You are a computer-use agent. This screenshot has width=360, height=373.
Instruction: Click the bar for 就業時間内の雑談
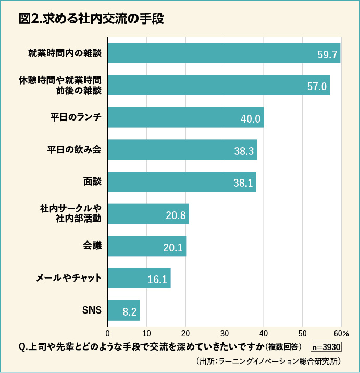pyautogui.click(x=224, y=53)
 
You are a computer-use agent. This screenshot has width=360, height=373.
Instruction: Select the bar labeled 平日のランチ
pyautogui.click(x=185, y=117)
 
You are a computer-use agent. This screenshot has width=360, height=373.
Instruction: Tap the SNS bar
pyautogui.click(x=123, y=310)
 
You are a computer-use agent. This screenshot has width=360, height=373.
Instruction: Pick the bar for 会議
pyautogui.click(x=146, y=246)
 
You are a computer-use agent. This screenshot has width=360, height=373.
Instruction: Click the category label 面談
pyautogui.click(x=92, y=182)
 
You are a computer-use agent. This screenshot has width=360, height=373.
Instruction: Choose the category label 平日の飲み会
pyautogui.click(x=74, y=149)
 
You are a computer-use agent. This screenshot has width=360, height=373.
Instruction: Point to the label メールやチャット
pyautogui.click(x=68, y=278)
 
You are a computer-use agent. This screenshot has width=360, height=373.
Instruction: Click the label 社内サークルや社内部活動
pyautogui.click(x=70, y=213)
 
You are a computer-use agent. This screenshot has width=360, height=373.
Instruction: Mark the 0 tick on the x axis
pyautogui.click(x=108, y=333)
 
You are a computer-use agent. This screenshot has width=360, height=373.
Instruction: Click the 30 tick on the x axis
pyautogui.click(x=225, y=333)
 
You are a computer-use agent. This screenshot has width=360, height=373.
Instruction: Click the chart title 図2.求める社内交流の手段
pyautogui.click(x=91, y=19)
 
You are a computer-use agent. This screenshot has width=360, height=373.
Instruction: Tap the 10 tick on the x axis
pyautogui.click(x=146, y=333)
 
